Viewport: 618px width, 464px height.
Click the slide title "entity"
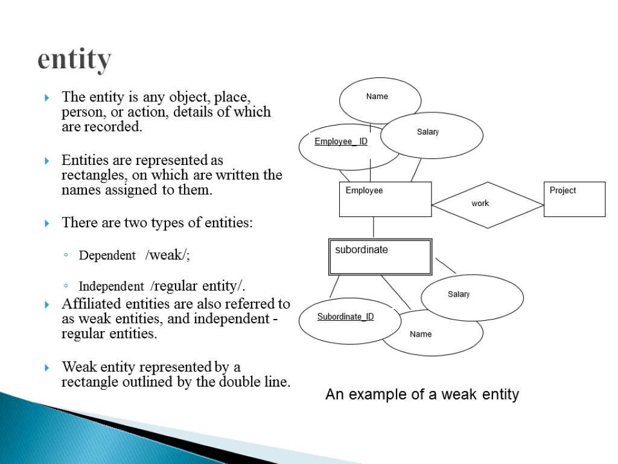(x=74, y=60)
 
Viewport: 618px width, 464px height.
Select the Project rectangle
(x=574, y=199)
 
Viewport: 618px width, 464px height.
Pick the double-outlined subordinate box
(x=380, y=257)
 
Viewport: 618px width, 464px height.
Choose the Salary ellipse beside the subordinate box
(x=472, y=297)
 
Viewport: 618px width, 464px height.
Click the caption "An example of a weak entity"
(x=422, y=395)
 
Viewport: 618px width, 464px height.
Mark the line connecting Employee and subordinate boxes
(x=374, y=228)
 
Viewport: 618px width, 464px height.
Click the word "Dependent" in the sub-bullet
(x=107, y=256)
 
